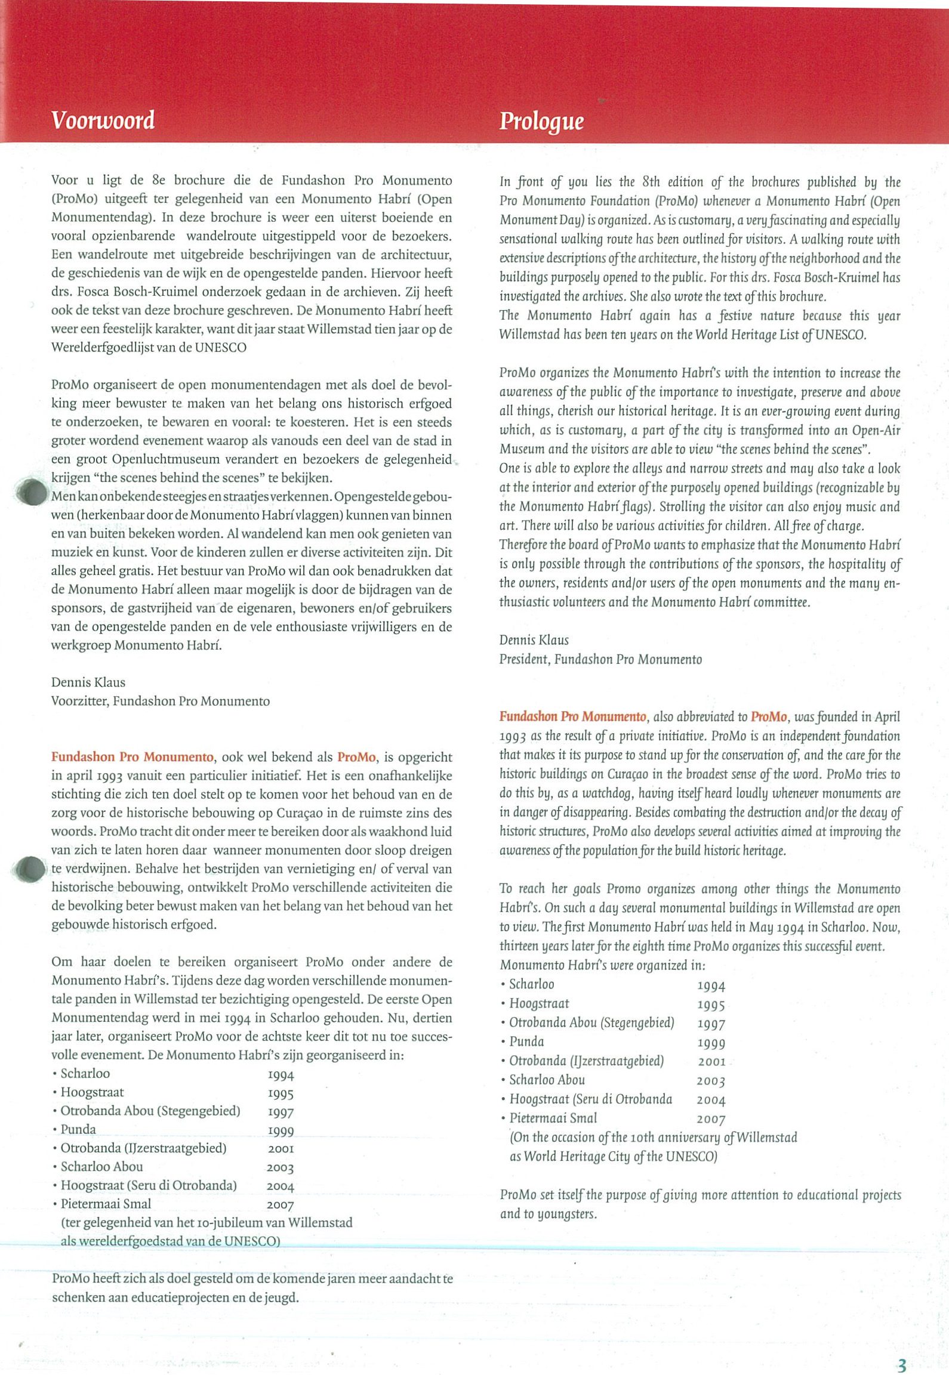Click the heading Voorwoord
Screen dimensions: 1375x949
103,120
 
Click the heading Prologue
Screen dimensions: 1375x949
541,121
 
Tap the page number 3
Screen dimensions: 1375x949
901,1349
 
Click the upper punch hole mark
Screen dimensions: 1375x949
30,493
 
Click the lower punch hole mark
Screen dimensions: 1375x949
29,869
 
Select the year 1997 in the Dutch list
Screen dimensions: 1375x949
281,1113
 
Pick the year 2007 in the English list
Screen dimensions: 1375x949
711,1120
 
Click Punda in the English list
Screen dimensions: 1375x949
526,1042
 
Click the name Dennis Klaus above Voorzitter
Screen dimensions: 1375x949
88,682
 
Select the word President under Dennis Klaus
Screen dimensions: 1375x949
523,659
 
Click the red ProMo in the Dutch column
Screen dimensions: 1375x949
356,758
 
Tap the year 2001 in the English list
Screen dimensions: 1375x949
711,1061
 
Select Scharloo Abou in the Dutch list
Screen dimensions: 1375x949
101,1166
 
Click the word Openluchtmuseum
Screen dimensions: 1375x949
162,460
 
